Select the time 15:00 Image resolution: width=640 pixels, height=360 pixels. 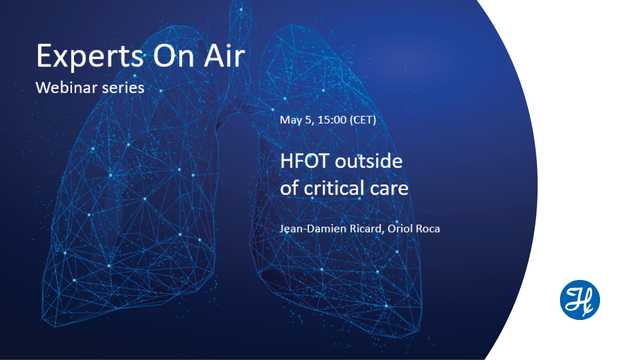click(335, 120)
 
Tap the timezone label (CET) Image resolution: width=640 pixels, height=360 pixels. click(374, 120)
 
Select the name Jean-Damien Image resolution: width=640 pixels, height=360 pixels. click(310, 229)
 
